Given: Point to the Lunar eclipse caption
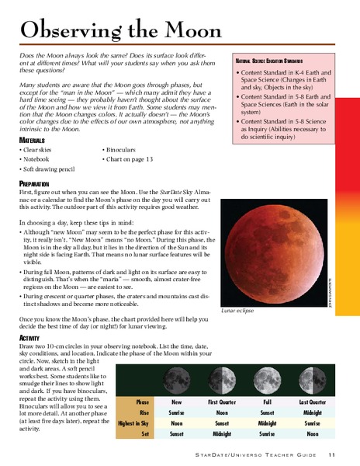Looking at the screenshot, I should point(237,309).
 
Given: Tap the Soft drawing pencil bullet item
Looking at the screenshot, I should point(52,169).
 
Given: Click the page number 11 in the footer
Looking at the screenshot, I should point(331,454).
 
